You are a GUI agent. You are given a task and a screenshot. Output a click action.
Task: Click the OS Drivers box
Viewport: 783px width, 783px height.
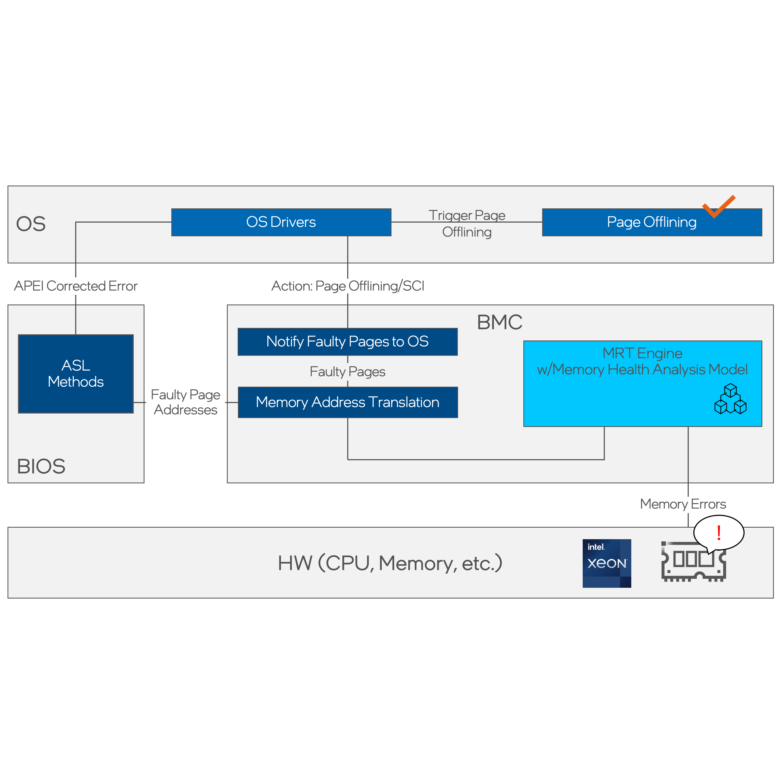(x=281, y=222)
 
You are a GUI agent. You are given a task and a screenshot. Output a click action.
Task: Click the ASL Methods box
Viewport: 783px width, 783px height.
(x=76, y=374)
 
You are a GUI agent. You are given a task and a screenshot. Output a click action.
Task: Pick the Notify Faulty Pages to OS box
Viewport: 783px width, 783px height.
(x=347, y=342)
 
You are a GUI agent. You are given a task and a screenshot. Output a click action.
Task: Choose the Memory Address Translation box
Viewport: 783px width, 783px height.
(x=347, y=402)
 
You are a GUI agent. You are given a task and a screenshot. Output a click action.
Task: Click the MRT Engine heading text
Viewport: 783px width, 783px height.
(x=642, y=353)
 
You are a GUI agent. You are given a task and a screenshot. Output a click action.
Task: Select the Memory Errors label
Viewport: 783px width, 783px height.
(x=683, y=504)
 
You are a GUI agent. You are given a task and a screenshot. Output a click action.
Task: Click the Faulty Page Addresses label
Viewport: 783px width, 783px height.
(x=185, y=402)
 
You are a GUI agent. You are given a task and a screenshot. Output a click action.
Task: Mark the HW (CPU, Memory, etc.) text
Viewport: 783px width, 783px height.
(x=390, y=563)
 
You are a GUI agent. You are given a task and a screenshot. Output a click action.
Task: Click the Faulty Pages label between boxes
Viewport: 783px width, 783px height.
(x=347, y=372)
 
